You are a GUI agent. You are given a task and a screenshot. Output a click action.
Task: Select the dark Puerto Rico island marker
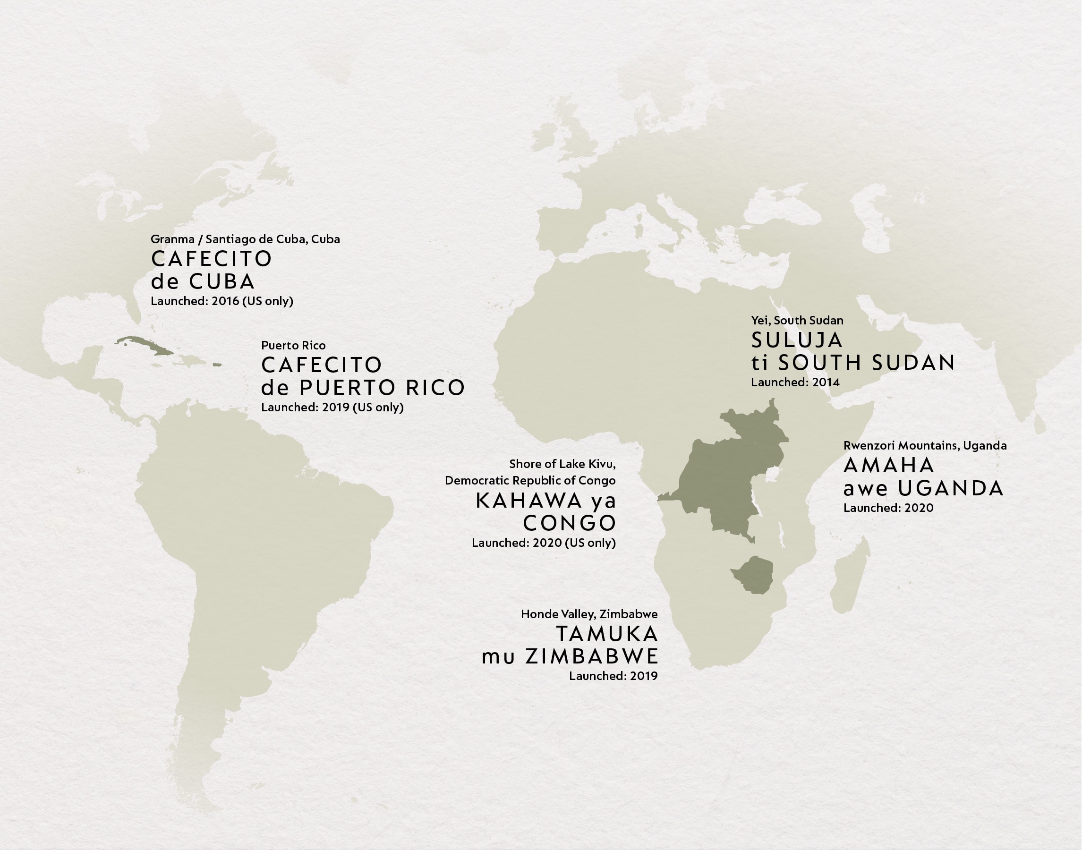click(216, 365)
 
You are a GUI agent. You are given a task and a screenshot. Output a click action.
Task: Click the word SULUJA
click(797, 340)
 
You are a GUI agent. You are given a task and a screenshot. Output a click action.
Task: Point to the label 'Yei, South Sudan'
click(797, 321)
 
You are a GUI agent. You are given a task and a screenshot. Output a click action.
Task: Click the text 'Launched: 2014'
click(795, 382)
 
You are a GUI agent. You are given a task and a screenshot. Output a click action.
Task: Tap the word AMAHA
click(889, 465)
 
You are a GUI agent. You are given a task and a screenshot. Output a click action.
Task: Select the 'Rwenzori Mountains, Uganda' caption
click(925, 445)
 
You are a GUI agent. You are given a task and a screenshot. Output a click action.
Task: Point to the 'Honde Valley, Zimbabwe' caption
click(589, 614)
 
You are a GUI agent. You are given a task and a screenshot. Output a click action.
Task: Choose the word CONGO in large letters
click(570, 523)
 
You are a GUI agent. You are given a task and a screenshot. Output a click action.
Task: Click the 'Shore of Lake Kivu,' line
click(562, 464)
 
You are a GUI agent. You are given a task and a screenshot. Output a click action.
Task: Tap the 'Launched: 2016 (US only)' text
click(222, 301)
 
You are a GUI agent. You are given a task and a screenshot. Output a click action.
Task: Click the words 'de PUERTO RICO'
click(363, 388)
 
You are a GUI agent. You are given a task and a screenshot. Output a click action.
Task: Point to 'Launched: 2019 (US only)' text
click(332, 408)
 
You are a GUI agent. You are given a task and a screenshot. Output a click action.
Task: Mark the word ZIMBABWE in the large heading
click(592, 657)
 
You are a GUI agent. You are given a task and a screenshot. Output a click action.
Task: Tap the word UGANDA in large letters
click(951, 489)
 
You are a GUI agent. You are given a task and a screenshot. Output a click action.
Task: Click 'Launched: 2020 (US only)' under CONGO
click(544, 543)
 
